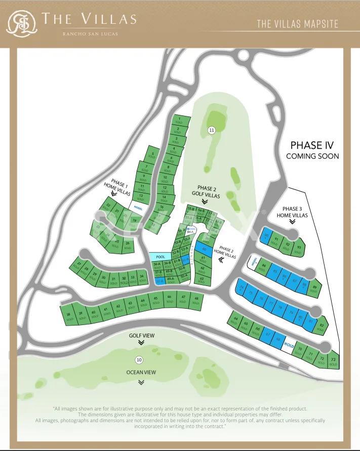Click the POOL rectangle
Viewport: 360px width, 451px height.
[x=161, y=257]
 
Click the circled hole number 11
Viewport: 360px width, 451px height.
[x=212, y=130]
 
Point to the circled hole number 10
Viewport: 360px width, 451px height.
[x=139, y=360]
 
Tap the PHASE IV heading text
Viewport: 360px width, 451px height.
[x=312, y=146]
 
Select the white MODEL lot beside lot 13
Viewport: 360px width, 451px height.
[x=138, y=207]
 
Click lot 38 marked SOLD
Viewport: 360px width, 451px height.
[x=68, y=316]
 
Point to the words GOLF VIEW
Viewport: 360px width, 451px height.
[x=141, y=336]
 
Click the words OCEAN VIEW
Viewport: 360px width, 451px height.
[x=141, y=373]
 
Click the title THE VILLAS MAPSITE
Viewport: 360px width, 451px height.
[x=297, y=24]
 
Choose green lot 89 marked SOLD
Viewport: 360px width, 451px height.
[x=314, y=289]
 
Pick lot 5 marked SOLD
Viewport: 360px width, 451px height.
[x=152, y=155]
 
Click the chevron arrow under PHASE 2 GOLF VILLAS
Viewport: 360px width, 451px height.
[x=205, y=201]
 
